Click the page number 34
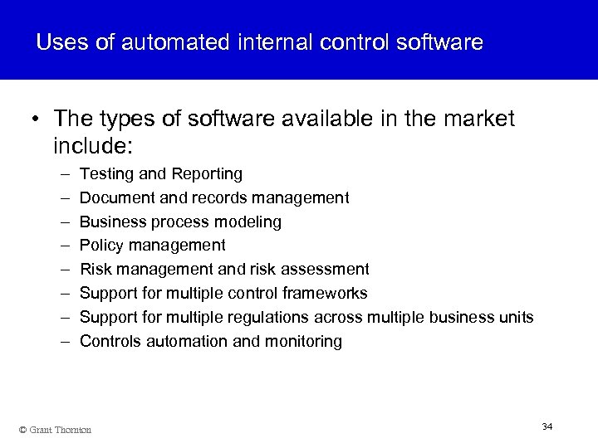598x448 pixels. coord(547,426)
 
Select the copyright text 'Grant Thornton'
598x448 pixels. coord(59,429)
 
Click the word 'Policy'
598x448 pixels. coord(100,246)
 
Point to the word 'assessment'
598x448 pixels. coord(324,269)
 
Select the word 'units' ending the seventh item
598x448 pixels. coord(516,317)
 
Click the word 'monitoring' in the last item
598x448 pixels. coord(303,341)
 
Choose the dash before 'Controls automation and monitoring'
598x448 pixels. coord(65,341)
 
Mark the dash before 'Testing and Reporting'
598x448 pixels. coord(65,174)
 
